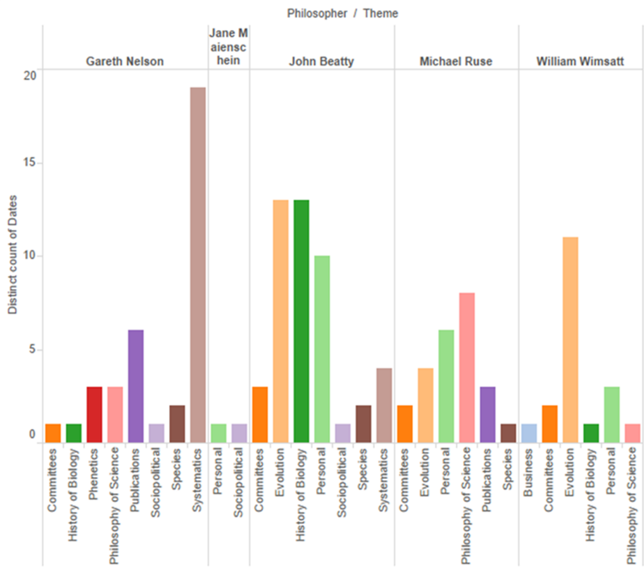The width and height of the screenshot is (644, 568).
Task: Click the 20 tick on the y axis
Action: [x=31, y=76]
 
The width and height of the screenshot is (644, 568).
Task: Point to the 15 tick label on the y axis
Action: [x=31, y=163]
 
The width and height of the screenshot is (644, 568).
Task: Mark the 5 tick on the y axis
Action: [x=33, y=349]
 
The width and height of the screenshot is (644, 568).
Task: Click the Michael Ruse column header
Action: [x=456, y=61]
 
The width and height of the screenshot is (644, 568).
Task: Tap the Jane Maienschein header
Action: [x=228, y=47]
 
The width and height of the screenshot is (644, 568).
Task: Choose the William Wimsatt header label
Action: [x=580, y=61]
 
